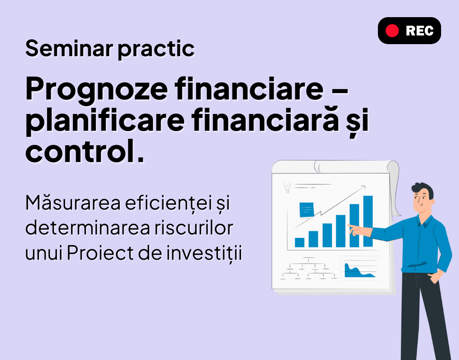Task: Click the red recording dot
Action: [x=392, y=31]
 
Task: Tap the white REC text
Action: [x=420, y=31]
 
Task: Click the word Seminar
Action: [x=69, y=48]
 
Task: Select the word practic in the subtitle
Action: [x=156, y=49]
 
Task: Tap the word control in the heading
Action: [x=78, y=150]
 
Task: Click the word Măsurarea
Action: [x=73, y=202]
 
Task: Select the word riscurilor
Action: [x=194, y=228]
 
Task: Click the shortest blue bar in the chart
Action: [x=299, y=243]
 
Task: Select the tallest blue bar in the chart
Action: [x=368, y=221]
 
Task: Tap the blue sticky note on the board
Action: [x=307, y=210]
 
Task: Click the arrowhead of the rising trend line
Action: [x=364, y=187]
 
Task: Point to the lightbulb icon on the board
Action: [x=287, y=187]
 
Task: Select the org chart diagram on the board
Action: [x=309, y=268]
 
